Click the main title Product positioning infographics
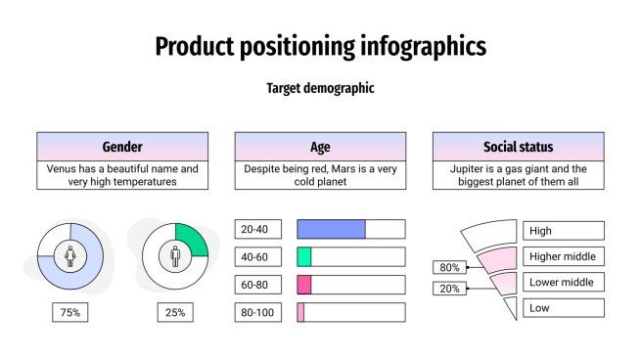tap(320, 46)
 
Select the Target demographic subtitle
tap(320, 89)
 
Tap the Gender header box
tap(122, 147)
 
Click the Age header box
tap(320, 147)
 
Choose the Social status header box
tap(518, 147)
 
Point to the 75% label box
tap(70, 313)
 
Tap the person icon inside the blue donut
tap(70, 257)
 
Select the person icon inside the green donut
tap(176, 257)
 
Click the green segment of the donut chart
tap(194, 241)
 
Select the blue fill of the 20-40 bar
tap(331, 230)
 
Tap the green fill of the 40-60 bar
tap(304, 257)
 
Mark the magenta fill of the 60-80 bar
tap(304, 285)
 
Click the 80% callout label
tap(449, 267)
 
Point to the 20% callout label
tap(449, 289)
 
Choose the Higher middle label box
tap(564, 256)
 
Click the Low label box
tap(564, 308)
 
